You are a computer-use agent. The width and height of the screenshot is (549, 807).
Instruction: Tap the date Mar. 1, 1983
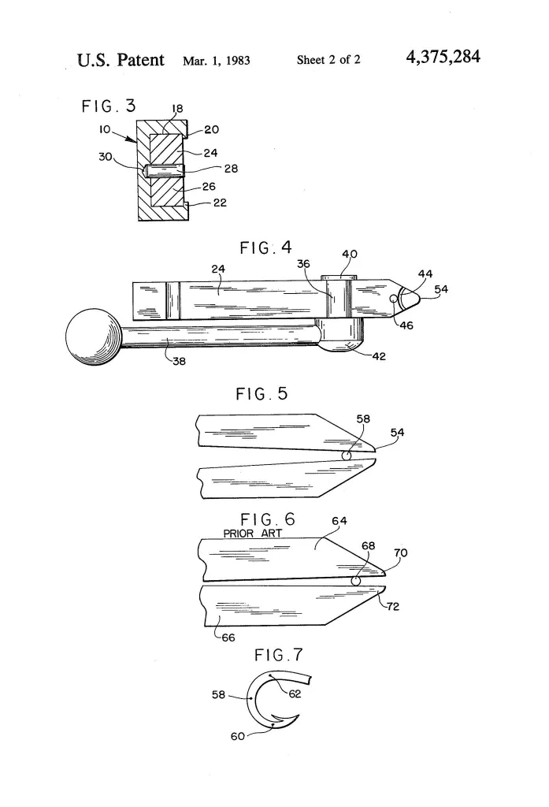pos(216,60)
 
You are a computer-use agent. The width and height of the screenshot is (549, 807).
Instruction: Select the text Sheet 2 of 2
pos(328,60)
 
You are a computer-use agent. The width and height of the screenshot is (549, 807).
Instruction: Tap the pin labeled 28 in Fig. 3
pos(165,169)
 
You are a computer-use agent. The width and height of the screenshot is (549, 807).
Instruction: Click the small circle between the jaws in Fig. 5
pos(346,456)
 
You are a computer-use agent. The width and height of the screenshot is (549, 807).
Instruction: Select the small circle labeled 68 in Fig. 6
pos(355,581)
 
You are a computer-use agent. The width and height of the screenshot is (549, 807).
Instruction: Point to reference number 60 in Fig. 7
pos(238,737)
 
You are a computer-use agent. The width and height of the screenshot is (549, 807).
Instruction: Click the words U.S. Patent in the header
pos(121,59)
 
